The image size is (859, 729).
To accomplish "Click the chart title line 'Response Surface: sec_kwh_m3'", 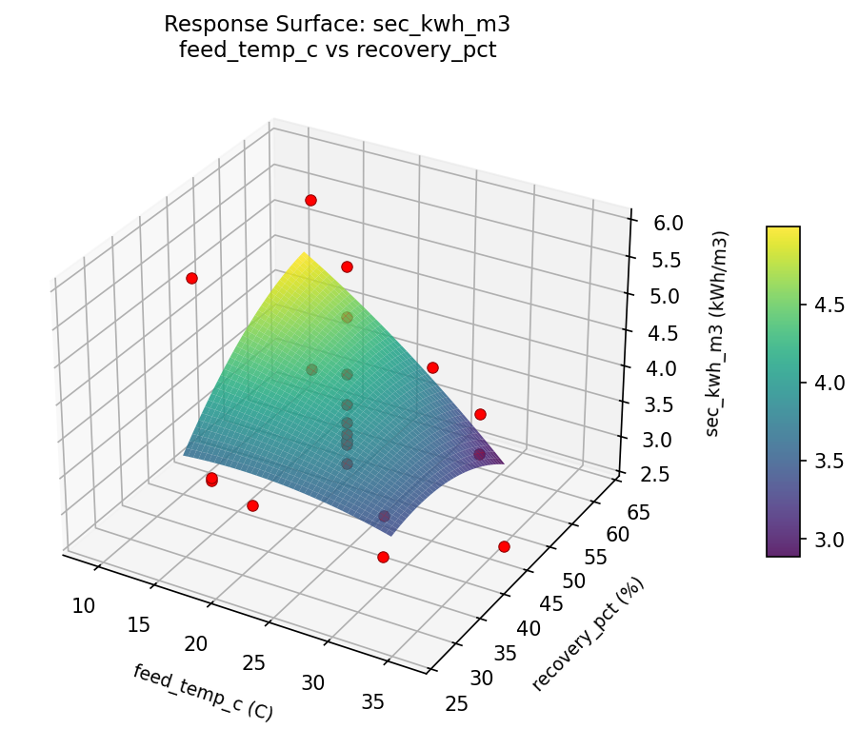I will (x=337, y=24).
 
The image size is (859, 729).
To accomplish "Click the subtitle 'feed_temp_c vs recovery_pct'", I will (x=337, y=49).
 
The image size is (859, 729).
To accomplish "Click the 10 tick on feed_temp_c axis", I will (x=85, y=604).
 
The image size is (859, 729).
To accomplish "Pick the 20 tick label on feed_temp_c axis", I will (x=196, y=643).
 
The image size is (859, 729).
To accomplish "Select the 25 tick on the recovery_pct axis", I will (x=456, y=703).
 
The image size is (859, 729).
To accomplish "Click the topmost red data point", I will (x=310, y=200).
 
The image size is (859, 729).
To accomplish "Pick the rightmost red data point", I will (x=504, y=546).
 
